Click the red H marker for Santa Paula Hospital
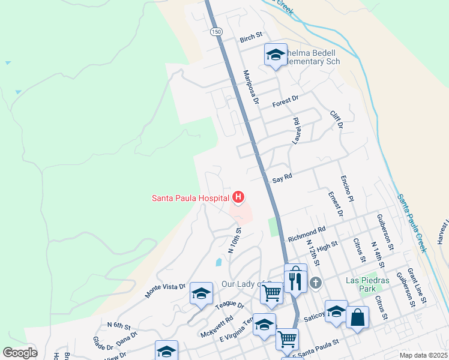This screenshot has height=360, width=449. click(x=239, y=197)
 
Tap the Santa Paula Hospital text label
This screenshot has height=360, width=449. click(x=190, y=197)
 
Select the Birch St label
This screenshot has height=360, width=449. click(x=252, y=39)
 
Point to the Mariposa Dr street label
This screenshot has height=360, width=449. click(x=250, y=88)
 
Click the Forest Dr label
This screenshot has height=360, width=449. click(x=285, y=101)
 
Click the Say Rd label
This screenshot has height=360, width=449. click(x=282, y=178)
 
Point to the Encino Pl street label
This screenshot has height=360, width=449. click(x=345, y=187)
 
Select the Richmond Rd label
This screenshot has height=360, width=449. click(x=306, y=234)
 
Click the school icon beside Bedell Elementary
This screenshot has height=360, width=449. click(x=276, y=55)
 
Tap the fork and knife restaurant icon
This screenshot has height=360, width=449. click(x=295, y=280)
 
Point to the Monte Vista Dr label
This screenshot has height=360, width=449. click(x=164, y=291)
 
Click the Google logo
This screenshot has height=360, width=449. click(x=20, y=353)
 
